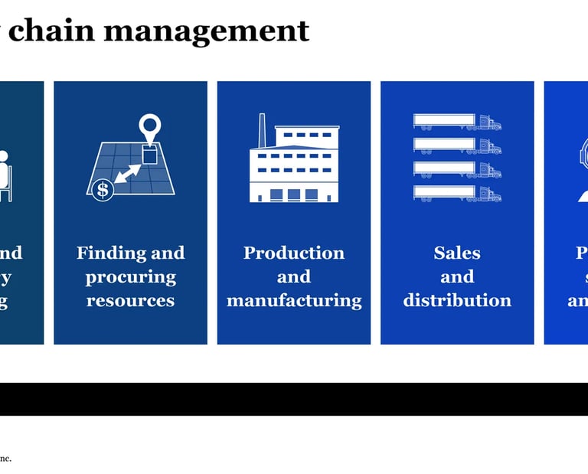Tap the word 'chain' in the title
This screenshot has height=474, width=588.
point(52,31)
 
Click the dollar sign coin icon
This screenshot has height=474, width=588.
point(101,190)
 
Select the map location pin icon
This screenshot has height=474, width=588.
point(151,128)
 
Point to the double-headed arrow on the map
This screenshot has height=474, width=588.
point(128,172)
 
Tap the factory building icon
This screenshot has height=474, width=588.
point(294,164)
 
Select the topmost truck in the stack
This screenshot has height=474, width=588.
point(457,123)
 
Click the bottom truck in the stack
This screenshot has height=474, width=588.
point(457,194)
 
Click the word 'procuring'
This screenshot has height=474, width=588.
point(130,276)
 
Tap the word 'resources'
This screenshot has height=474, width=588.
point(130,300)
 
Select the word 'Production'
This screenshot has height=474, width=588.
point(294,253)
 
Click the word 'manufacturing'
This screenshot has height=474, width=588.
point(294,300)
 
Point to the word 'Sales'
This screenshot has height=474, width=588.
point(457,253)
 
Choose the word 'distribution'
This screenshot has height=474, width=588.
point(457,300)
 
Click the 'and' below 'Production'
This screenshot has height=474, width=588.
point(294,276)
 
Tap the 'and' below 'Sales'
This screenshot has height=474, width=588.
point(457,276)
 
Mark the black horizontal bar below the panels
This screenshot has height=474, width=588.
point(294,399)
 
